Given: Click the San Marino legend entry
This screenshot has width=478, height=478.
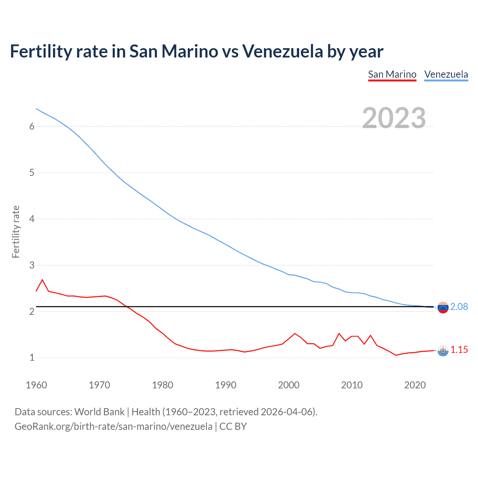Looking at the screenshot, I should pyautogui.click(x=392, y=74).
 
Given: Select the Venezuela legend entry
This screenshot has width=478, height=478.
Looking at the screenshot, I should pyautogui.click(x=446, y=74).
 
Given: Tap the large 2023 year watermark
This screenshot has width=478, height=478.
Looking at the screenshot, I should pyautogui.click(x=394, y=118).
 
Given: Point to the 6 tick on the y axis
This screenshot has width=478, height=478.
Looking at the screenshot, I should pyautogui.click(x=32, y=126).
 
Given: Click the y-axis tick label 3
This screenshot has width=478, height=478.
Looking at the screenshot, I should pyautogui.click(x=32, y=265).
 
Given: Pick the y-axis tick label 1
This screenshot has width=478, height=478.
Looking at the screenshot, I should pyautogui.click(x=32, y=358).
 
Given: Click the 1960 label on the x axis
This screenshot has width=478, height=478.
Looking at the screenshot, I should pyautogui.click(x=36, y=385).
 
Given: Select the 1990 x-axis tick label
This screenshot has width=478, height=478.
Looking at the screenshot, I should pyautogui.click(x=226, y=385).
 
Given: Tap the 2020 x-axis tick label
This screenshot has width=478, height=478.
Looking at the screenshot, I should pyautogui.click(x=415, y=385).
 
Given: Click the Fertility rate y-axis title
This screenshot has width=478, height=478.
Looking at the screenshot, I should pyautogui.click(x=16, y=232).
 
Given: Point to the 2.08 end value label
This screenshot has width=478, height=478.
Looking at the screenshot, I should pyautogui.click(x=459, y=307).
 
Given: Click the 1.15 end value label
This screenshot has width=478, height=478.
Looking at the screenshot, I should pyautogui.click(x=459, y=350).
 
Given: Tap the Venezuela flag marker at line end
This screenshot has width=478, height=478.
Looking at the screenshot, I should pyautogui.click(x=443, y=308).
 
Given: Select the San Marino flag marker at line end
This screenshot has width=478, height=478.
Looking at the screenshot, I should pyautogui.click(x=443, y=351).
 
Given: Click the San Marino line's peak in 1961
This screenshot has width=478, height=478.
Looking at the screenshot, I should pyautogui.click(x=42, y=280).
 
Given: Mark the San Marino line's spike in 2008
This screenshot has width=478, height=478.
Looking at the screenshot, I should pyautogui.click(x=339, y=333).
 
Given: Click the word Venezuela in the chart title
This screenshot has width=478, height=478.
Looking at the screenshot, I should pyautogui.click(x=282, y=51).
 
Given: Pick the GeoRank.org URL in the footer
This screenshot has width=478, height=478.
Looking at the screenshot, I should pyautogui.click(x=113, y=426).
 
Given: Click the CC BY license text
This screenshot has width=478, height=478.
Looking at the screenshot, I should pyautogui.click(x=233, y=426).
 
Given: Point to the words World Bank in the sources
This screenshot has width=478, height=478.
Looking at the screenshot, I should pyautogui.click(x=99, y=412).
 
